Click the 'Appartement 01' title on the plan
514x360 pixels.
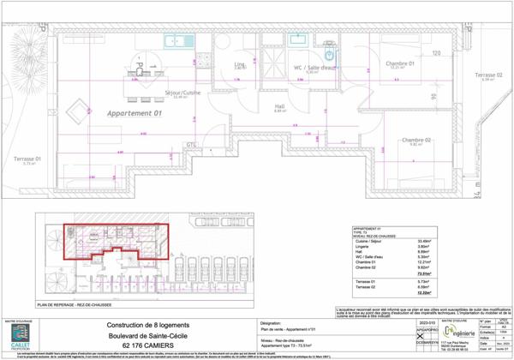coord(134,113)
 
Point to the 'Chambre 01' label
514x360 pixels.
coord(399,63)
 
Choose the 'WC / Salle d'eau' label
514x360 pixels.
coord(314,68)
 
